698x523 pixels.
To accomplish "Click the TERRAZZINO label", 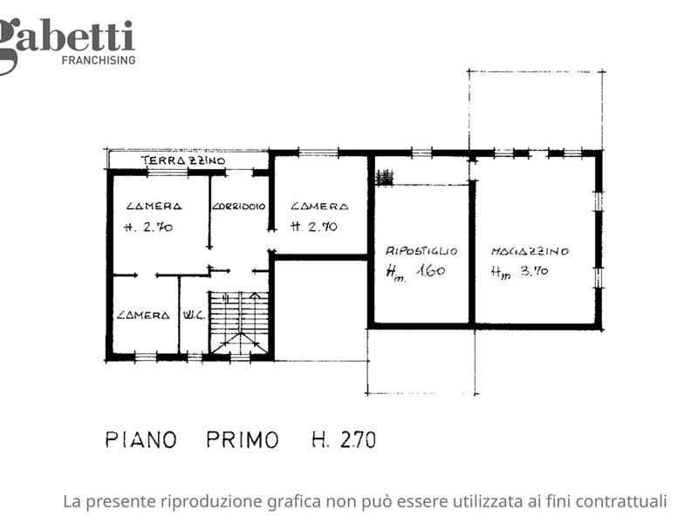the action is pos(183,160).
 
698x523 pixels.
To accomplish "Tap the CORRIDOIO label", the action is pos(238,207).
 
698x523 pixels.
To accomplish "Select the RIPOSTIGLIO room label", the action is pos(421,251).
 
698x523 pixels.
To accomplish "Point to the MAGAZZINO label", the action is pos(530,251).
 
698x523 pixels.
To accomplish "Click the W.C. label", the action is pos(194,316).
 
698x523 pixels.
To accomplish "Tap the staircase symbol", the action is pos(239,323).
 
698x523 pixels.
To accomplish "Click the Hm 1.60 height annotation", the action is pos(415,272).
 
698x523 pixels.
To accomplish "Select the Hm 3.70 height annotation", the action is pos(519,271).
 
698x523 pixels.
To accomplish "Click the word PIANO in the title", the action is pos(141,440).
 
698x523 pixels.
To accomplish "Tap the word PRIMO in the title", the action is pos(243,440).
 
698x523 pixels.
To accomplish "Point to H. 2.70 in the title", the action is pos(344,440).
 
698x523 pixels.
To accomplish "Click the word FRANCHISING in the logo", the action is pos(99,60).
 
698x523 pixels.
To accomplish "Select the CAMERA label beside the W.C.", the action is pos(143,316).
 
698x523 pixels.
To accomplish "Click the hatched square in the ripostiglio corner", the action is pos(385,177).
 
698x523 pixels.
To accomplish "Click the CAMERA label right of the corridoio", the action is pos(319,207).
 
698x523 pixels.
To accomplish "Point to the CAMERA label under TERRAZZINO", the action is pos(154,207).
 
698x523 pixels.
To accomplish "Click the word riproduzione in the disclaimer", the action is pos(211,502).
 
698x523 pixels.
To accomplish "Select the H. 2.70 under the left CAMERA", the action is pos(148,228).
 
